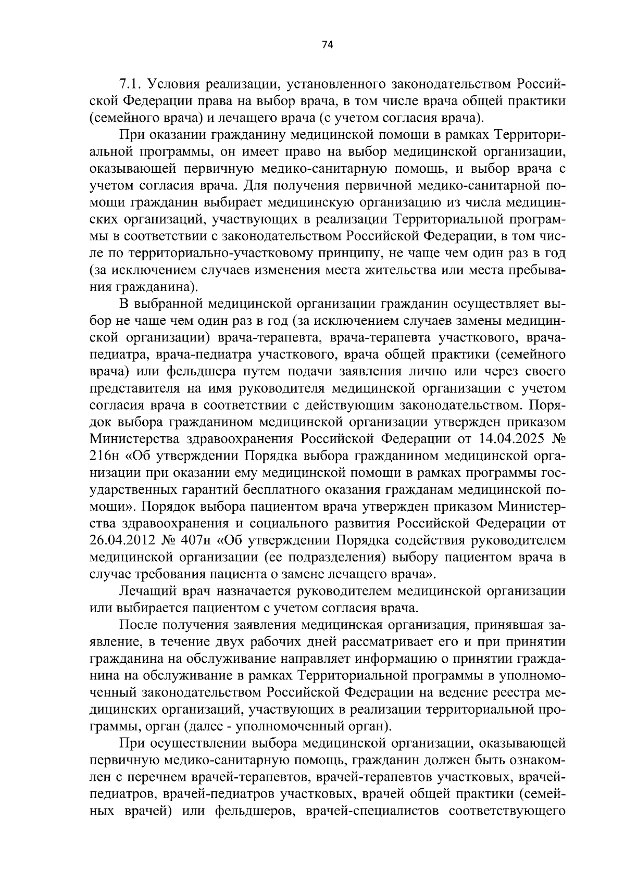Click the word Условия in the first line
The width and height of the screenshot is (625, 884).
pyautogui.click(x=175, y=84)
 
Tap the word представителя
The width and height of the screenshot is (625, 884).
pyautogui.click(x=132, y=389)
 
